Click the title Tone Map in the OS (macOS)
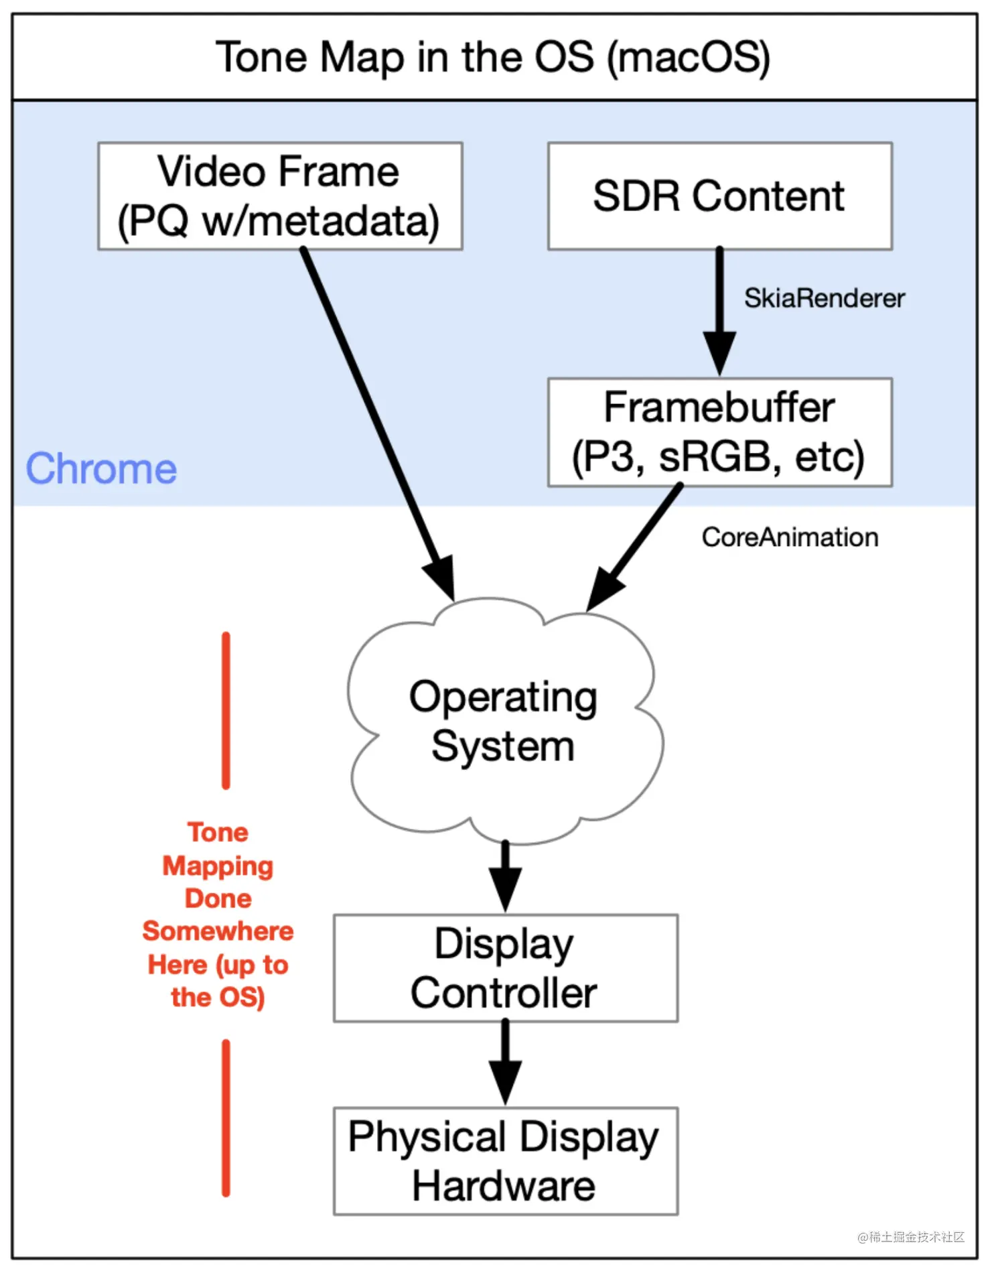(493, 58)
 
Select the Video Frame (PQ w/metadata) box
(280, 196)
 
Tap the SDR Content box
(719, 196)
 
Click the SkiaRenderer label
(824, 298)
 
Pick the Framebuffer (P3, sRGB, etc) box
(719, 432)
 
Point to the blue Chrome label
(101, 468)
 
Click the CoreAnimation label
(790, 537)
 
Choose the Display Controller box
(505, 967)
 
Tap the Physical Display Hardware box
(505, 1160)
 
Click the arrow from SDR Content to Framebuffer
(719, 308)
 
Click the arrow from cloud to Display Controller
(505, 874)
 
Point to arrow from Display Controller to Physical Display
(505, 1062)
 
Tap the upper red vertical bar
(226, 710)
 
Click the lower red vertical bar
(226, 1118)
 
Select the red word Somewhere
(218, 931)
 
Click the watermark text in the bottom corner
(911, 1237)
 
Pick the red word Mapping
(218, 866)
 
